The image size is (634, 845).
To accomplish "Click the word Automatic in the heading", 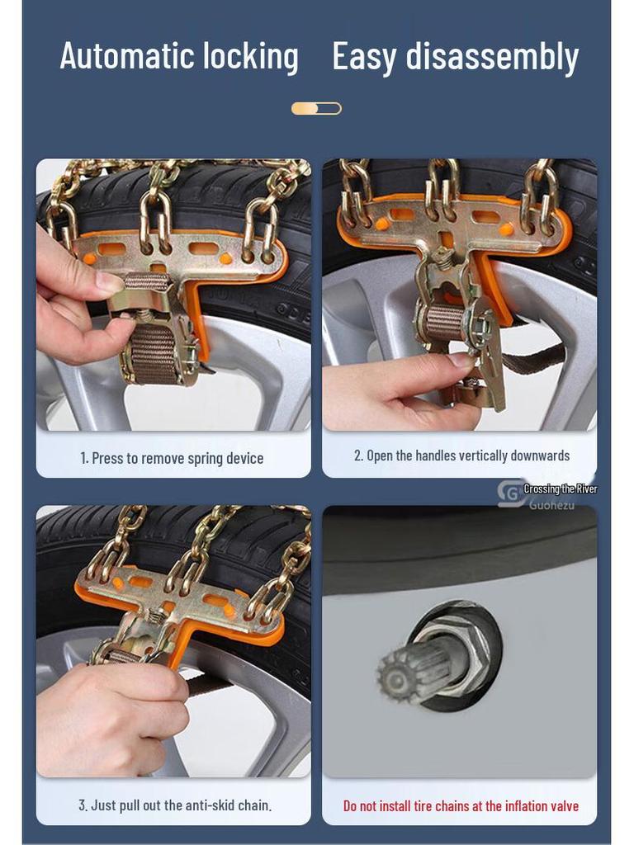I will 120,56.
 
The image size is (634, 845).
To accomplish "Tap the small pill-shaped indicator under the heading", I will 316,108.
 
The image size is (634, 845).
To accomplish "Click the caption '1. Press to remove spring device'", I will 173,458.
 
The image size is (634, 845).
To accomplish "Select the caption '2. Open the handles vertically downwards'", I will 461,456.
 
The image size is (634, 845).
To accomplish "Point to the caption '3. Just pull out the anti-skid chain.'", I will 175,805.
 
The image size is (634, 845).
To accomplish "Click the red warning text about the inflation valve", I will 461,805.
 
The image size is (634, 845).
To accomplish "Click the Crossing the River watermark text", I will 560,489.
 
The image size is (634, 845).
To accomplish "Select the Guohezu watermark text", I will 551,504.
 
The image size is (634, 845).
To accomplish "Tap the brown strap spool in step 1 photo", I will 154,351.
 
